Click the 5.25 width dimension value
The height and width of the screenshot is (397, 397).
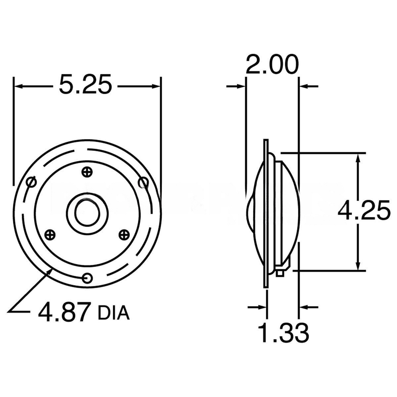click(x=85, y=85)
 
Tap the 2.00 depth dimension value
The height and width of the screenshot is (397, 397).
click(x=272, y=65)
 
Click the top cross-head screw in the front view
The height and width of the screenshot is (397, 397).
click(x=87, y=172)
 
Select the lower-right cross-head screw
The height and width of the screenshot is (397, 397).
click(x=124, y=235)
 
